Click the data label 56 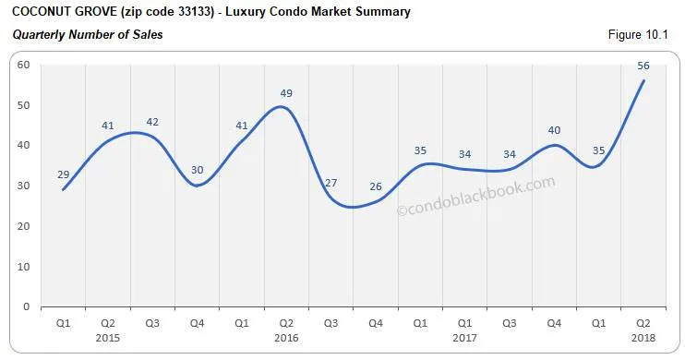tap(643, 65)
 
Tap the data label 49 tap(286, 93)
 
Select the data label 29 tap(62, 174)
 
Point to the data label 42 tap(151, 122)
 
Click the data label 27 tap(330, 183)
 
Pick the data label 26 tap(376, 186)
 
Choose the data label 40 tap(554, 130)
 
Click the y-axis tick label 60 tap(22, 65)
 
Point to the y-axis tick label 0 tap(26, 306)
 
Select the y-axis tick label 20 tap(22, 226)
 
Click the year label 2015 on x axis tap(107, 337)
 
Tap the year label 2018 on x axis tap(643, 337)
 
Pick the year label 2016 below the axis tap(285, 337)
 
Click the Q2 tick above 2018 tap(643, 323)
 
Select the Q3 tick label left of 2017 tap(330, 323)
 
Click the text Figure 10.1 tap(641, 35)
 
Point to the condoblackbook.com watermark tap(476, 197)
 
